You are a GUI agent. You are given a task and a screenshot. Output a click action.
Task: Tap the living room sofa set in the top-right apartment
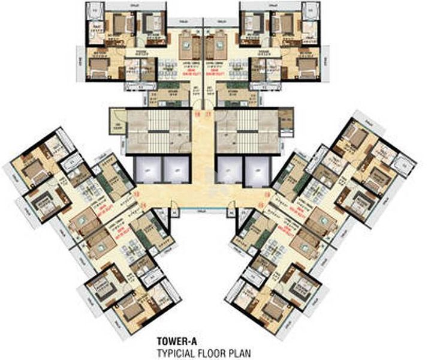(x=215, y=41)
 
